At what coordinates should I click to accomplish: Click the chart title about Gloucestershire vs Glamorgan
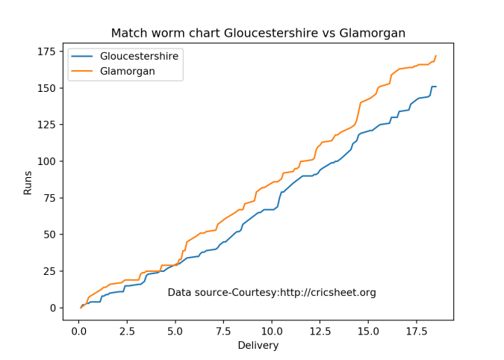click(258, 33)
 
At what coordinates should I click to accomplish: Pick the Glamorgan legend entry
click(127, 71)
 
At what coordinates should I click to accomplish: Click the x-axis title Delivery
click(258, 345)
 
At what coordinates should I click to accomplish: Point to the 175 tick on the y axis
click(48, 52)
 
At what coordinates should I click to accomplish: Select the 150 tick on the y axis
click(48, 88)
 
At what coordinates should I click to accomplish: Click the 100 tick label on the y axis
click(48, 161)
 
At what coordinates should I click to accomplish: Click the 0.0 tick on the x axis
click(78, 331)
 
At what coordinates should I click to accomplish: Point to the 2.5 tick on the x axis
click(126, 331)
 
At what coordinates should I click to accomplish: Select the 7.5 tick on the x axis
click(223, 331)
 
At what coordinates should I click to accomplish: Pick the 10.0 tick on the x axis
click(272, 331)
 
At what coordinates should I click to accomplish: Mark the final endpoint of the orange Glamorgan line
click(436, 56)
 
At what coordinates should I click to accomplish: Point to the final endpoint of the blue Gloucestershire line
click(436, 87)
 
